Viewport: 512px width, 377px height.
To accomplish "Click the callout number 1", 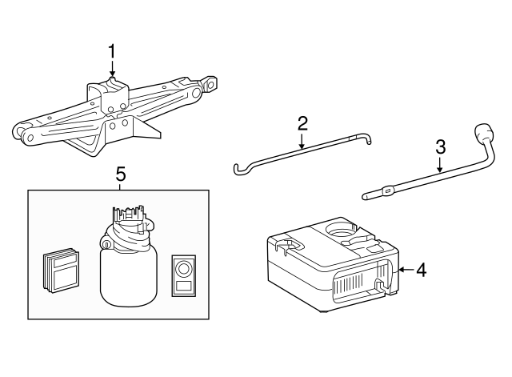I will tap(112, 51).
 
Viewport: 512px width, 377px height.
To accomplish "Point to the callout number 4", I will tap(422, 270).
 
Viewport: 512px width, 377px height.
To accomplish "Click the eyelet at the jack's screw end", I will tap(210, 82).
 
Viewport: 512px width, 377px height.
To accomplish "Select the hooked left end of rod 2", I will tap(238, 168).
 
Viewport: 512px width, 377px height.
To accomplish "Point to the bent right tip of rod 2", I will tap(368, 142).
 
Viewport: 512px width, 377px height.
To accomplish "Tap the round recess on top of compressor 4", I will tap(344, 233).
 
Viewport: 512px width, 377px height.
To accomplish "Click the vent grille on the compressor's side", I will tap(352, 284).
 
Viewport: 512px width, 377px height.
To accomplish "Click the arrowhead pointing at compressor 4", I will tap(401, 270).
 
